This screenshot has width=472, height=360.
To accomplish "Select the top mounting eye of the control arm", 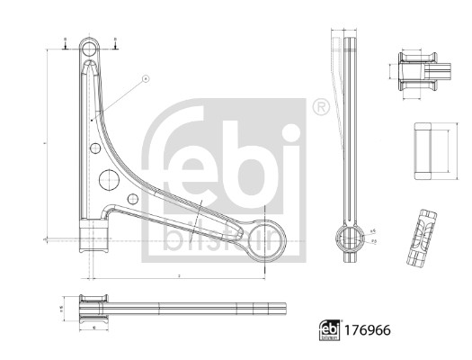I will tap(89, 47).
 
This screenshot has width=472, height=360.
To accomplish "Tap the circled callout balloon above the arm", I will tap(144, 80).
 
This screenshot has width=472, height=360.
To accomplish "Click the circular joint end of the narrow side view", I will tap(345, 238).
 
